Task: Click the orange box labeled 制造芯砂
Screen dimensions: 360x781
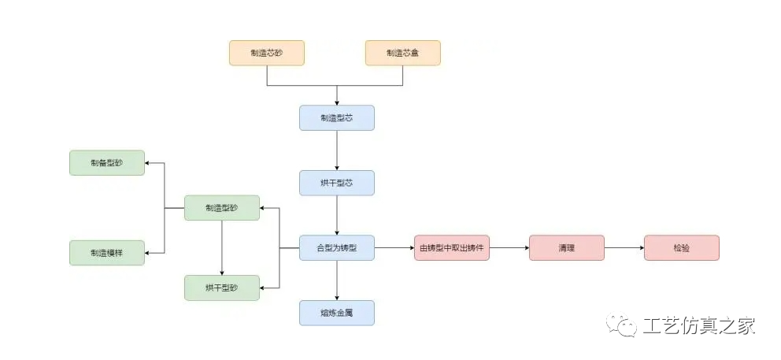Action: coord(266,53)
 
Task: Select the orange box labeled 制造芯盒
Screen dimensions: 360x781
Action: coord(402,53)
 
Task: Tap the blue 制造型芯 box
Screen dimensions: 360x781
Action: coord(336,118)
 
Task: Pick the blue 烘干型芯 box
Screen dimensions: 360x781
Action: coord(336,183)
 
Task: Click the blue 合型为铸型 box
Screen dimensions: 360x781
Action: coord(336,248)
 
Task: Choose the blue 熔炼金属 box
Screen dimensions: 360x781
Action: coord(336,313)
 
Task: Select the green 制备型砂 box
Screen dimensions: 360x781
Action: coord(107,163)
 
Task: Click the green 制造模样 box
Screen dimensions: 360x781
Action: coord(107,254)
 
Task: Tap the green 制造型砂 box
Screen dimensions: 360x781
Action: coord(221,208)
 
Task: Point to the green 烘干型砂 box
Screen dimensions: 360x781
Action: coord(221,288)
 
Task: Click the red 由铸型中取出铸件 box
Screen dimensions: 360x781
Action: coord(451,248)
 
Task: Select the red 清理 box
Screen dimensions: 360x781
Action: coord(566,248)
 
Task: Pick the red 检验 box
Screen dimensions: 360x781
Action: coord(681,248)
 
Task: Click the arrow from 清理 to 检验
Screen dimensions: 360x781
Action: coord(624,248)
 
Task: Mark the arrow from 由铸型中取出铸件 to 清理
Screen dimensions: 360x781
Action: coord(509,248)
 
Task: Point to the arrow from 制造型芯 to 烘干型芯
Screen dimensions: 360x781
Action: coord(337,150)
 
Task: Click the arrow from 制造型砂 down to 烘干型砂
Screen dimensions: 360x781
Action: coord(221,247)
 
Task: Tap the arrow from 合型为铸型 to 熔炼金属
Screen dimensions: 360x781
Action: coord(337,280)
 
